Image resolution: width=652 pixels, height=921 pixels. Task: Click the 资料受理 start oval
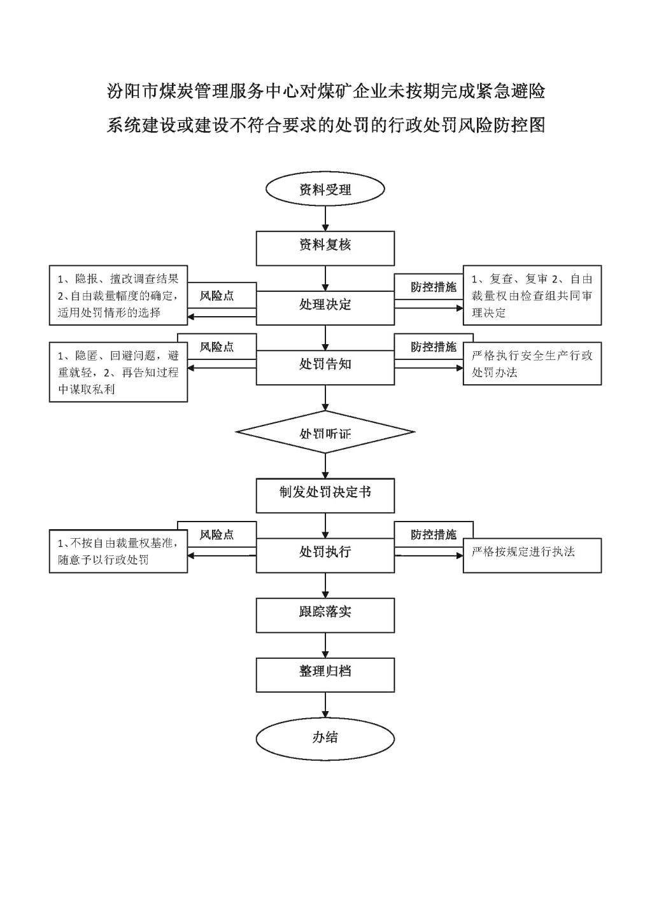(325, 189)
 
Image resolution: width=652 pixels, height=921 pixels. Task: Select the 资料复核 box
(325, 248)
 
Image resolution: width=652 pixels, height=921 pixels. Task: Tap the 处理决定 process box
(325, 308)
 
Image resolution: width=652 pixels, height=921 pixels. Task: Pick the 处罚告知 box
(325, 368)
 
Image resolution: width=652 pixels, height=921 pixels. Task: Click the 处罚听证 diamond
(325, 432)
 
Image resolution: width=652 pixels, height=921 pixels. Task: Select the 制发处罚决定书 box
(325, 495)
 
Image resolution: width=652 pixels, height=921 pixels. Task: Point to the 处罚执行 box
(325, 555)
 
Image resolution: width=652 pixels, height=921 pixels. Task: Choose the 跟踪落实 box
(325, 615)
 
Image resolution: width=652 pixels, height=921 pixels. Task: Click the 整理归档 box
(325, 675)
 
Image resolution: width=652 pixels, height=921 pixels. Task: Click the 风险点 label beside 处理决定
(217, 296)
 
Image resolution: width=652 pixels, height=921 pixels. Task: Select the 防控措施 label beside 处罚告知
(434, 347)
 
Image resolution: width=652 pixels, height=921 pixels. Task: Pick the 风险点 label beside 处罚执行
(217, 534)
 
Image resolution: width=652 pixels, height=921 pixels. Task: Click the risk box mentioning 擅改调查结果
(118, 295)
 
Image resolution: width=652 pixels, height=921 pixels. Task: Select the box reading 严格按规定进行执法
(532, 555)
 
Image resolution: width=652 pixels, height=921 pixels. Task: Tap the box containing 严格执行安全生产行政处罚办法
(532, 363)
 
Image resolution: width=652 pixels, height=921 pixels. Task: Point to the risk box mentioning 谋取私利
(118, 371)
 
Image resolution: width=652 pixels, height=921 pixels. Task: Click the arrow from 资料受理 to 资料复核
(325, 218)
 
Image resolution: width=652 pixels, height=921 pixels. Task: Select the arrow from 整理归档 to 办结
(325, 705)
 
